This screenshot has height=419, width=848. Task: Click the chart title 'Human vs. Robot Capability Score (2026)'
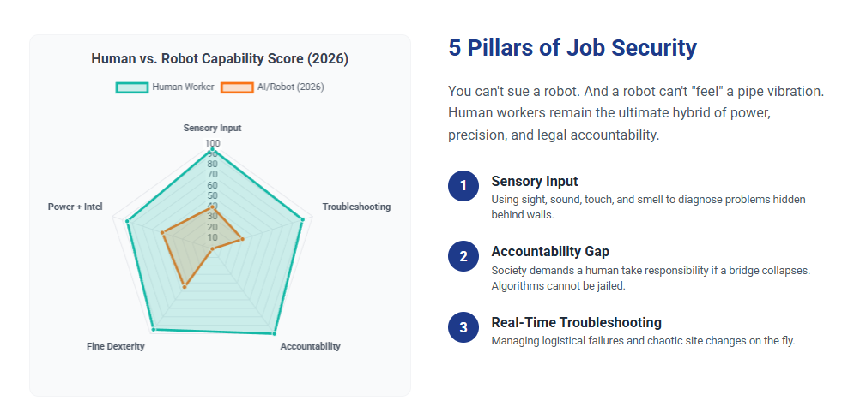(220, 59)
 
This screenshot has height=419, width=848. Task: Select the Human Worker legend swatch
(132, 87)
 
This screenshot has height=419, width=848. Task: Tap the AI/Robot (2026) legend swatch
(237, 87)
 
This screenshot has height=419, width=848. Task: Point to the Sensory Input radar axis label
(212, 128)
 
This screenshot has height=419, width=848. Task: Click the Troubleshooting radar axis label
(356, 207)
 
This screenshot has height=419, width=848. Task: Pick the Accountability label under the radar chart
(310, 346)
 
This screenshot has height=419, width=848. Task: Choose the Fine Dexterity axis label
(116, 346)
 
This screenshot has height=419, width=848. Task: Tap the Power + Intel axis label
(76, 207)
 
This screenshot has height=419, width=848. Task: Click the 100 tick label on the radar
(212, 143)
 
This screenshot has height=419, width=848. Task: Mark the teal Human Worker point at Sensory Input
(212, 151)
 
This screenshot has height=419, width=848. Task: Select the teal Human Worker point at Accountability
(275, 332)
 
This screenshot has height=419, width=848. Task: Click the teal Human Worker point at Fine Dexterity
(153, 329)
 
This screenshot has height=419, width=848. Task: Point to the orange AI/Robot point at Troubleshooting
(243, 239)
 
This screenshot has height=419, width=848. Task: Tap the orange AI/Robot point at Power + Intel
(161, 232)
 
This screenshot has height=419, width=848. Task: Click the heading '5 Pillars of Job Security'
(572, 48)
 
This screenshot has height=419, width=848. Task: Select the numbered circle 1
(463, 185)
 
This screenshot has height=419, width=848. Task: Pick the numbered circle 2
(463, 256)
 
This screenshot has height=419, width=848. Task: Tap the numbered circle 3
(463, 327)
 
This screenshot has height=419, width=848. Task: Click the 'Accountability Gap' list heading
(550, 252)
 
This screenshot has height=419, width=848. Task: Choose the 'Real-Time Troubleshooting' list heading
(576, 323)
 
